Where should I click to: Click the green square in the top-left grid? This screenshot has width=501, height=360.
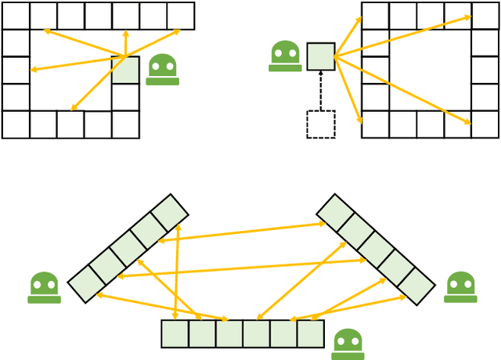click(125, 70)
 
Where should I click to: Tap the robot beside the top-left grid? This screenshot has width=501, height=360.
click(163, 70)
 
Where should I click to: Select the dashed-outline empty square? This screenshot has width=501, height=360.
click(321, 124)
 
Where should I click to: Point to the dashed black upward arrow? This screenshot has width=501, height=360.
click(321, 90)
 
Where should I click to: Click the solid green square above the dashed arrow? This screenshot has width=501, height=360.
click(321, 56)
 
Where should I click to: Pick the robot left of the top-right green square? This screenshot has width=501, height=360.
click(285, 56)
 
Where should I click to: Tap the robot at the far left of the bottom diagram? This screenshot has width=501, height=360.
click(44, 287)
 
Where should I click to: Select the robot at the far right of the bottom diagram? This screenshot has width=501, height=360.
click(460, 287)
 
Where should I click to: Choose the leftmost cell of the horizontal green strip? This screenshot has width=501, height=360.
click(175, 333)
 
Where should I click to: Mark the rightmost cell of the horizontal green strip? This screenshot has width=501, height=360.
click(311, 333)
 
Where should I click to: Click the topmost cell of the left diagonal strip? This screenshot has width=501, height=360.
click(169, 213)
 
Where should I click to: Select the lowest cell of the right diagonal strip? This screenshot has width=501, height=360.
click(416, 286)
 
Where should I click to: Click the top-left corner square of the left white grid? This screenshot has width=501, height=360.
click(16, 16)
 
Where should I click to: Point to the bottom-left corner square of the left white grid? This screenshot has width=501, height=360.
click(16, 124)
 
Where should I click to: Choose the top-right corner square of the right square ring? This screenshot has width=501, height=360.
click(485, 16)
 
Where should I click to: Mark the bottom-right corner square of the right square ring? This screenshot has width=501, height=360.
click(485, 124)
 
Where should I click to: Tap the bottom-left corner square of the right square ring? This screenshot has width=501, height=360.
click(375, 124)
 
